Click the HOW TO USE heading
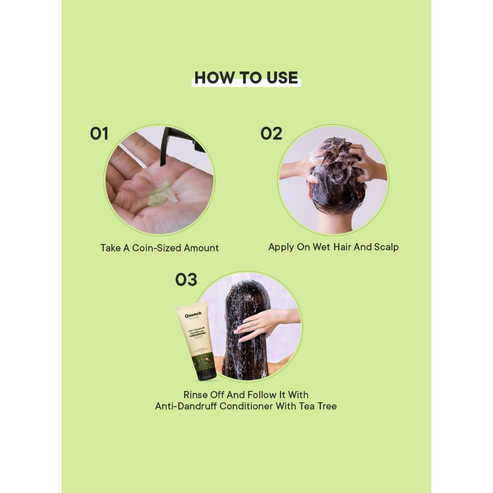246,78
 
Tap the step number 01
99,134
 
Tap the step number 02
271,134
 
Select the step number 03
186,280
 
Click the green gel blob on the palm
163,194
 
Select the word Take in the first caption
110,248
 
